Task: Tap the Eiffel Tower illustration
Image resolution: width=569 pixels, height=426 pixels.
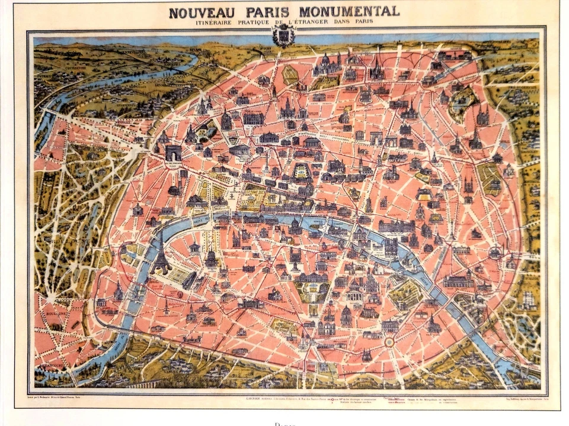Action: coord(160,254)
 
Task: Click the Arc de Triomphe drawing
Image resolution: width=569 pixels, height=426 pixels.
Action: coord(174,153)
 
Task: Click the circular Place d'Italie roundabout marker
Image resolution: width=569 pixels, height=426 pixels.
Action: coord(389,341)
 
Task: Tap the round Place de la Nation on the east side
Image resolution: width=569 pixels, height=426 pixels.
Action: coord(495,253)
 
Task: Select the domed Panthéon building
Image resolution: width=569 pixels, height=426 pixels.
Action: coord(355,290)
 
